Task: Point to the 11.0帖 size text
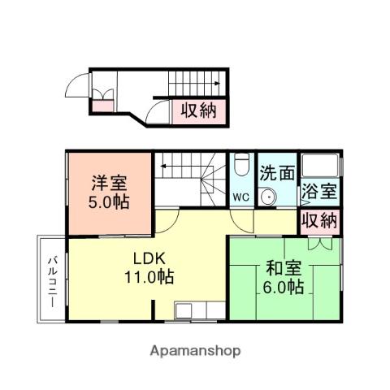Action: [x=149, y=278]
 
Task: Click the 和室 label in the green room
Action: [x=283, y=267]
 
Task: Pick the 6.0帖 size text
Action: [x=283, y=287]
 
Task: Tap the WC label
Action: [x=241, y=197]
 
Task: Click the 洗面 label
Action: [x=276, y=173]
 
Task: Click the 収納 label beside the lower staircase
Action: [x=198, y=109]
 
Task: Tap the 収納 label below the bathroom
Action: [x=319, y=219]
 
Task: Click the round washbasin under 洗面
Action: [x=268, y=196]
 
